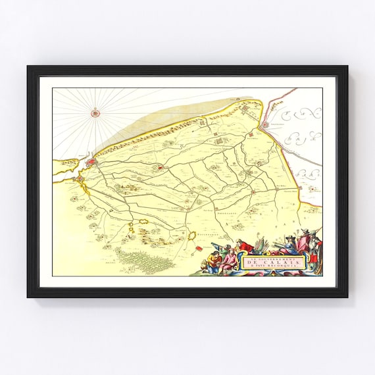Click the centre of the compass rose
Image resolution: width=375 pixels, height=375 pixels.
tap(97, 113)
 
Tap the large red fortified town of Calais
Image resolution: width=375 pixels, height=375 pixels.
tap(92, 161)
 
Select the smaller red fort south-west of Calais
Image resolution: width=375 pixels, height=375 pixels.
tap(79, 178)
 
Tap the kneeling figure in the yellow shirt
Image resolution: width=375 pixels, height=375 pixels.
tap(214, 261)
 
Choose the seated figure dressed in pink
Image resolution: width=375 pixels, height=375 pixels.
tap(229, 261)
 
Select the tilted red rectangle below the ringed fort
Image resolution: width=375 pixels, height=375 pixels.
tap(199, 249)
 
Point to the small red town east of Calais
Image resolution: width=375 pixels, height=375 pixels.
tap(161, 167)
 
